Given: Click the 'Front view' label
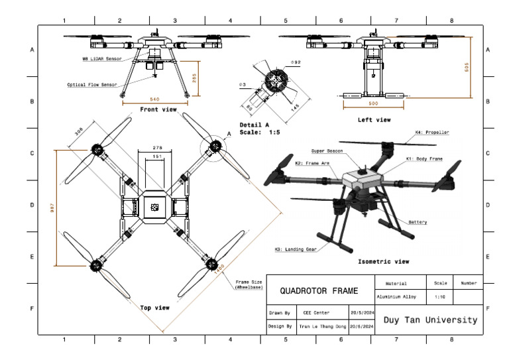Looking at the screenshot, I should pos(158,109).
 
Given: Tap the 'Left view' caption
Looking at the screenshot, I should pos(374,120).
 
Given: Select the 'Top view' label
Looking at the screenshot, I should pos(154,308).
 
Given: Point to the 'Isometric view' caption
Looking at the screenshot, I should pos(383,261).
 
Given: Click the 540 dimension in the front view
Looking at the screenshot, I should pos(155,99).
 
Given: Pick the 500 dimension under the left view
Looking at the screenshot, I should pos(373,104).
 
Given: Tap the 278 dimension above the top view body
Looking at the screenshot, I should pos(157,147).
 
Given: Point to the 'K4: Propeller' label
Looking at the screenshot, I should pos(432,133).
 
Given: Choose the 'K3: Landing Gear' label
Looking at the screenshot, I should pos(296,249).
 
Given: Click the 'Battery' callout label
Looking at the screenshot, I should pos(418,222).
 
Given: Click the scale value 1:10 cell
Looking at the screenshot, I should pos(439,298).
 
